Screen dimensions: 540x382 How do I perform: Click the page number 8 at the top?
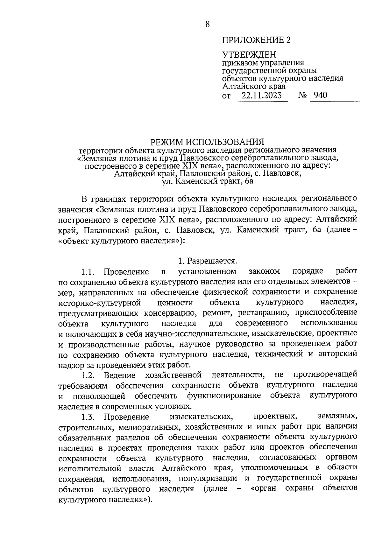tap(208, 24)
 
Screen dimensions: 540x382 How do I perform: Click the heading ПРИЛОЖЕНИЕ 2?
tap(257, 40)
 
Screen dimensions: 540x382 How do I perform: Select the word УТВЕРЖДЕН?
tap(249, 55)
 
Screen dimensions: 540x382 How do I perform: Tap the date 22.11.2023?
tap(262, 95)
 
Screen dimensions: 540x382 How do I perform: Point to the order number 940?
tap(320, 95)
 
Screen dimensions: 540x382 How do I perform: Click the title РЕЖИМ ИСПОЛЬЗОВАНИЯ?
tap(207, 141)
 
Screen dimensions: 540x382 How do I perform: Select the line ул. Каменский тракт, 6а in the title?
tap(207, 182)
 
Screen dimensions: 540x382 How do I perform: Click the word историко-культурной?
tap(100, 302)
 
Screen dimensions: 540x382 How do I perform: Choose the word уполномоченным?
tap(274, 468)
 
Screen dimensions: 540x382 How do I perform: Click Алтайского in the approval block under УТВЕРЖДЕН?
tap(244, 86)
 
